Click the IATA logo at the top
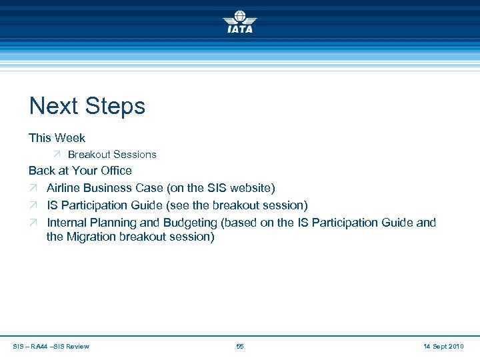coord(239,21)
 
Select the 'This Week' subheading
coord(57,138)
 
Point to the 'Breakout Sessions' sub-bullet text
coord(112,155)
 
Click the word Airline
coord(65,188)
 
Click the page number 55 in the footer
coord(240,347)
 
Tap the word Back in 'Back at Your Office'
coord(41,171)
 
